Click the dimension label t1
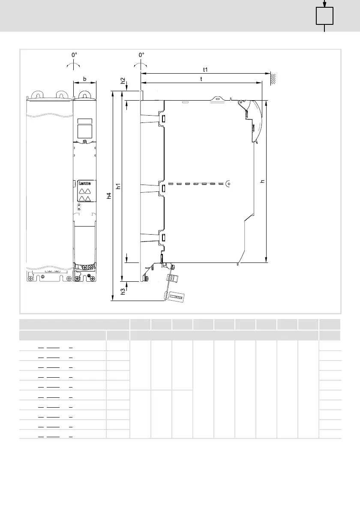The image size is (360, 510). [205, 70]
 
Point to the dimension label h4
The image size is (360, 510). [109, 195]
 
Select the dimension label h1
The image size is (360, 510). [118, 186]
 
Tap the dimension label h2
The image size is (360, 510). [123, 81]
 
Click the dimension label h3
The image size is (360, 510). [123, 292]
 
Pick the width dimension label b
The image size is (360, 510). [85, 79]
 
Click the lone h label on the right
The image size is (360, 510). [262, 182]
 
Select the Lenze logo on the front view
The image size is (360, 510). [84, 183]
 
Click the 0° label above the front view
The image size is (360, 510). [74, 55]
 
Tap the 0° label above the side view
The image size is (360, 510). [141, 55]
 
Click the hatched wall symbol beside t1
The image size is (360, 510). [273, 79]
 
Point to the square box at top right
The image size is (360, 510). [324, 16]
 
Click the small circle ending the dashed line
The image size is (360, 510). [228, 184]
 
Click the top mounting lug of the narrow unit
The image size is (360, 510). [84, 95]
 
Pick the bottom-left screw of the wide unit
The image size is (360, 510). [30, 278]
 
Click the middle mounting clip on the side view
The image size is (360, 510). [162, 188]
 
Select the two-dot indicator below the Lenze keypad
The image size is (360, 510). [79, 207]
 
